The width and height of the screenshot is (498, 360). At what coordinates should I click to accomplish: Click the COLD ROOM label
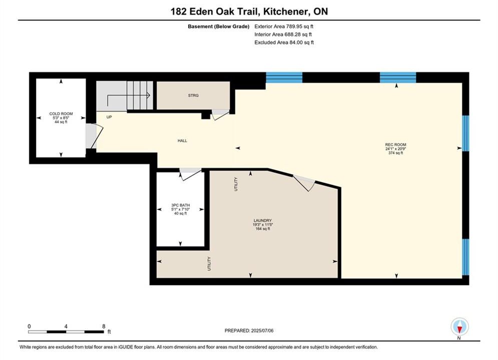(x=61, y=113)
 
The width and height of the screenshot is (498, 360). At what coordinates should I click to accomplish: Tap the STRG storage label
(x=193, y=95)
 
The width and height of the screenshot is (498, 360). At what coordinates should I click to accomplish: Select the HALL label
(x=182, y=140)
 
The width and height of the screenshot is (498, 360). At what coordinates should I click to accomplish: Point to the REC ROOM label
(x=396, y=144)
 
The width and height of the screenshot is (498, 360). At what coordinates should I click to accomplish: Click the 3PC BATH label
(x=180, y=205)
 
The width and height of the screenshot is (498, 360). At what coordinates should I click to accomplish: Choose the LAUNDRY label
(x=263, y=220)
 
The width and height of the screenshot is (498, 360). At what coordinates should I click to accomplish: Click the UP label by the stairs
(x=109, y=117)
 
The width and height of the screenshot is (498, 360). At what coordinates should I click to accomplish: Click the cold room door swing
(x=94, y=136)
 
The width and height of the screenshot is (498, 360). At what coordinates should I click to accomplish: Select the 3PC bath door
(x=190, y=174)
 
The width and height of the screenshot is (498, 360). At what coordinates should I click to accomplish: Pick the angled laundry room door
(x=304, y=183)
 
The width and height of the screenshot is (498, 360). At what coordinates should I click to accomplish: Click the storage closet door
(x=220, y=114)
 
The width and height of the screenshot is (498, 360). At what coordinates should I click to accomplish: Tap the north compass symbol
(x=459, y=326)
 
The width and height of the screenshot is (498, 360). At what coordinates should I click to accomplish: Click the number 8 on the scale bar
(x=104, y=326)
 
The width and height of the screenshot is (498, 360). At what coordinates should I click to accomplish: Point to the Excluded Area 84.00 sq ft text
(x=284, y=42)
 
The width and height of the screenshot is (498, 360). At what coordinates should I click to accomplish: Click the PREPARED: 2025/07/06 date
(x=249, y=330)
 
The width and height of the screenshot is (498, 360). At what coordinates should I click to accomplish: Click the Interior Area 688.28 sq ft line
(x=283, y=34)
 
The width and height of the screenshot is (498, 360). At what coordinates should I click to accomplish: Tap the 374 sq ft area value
(x=396, y=153)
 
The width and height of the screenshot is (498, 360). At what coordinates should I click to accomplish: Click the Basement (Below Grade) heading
(x=219, y=26)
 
